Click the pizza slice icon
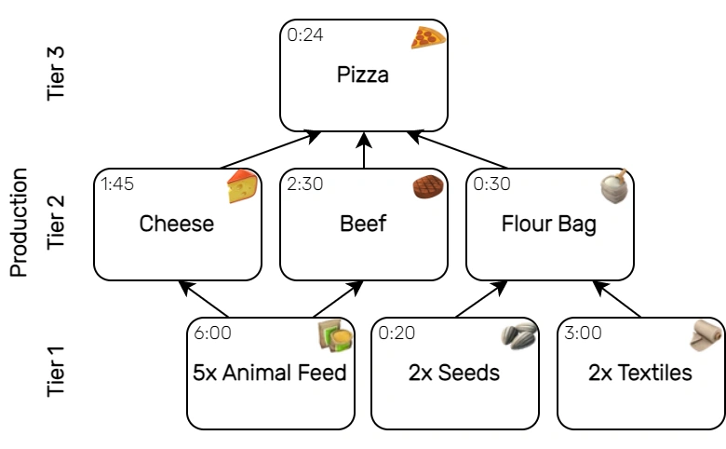[x=429, y=37]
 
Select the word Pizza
[x=363, y=75]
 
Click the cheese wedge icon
[x=242, y=187]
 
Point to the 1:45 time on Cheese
[x=117, y=184]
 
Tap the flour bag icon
[x=615, y=186]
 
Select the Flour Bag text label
[x=549, y=224]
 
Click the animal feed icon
[x=335, y=336]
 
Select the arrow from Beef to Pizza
[x=364, y=150]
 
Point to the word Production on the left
[x=18, y=224]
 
